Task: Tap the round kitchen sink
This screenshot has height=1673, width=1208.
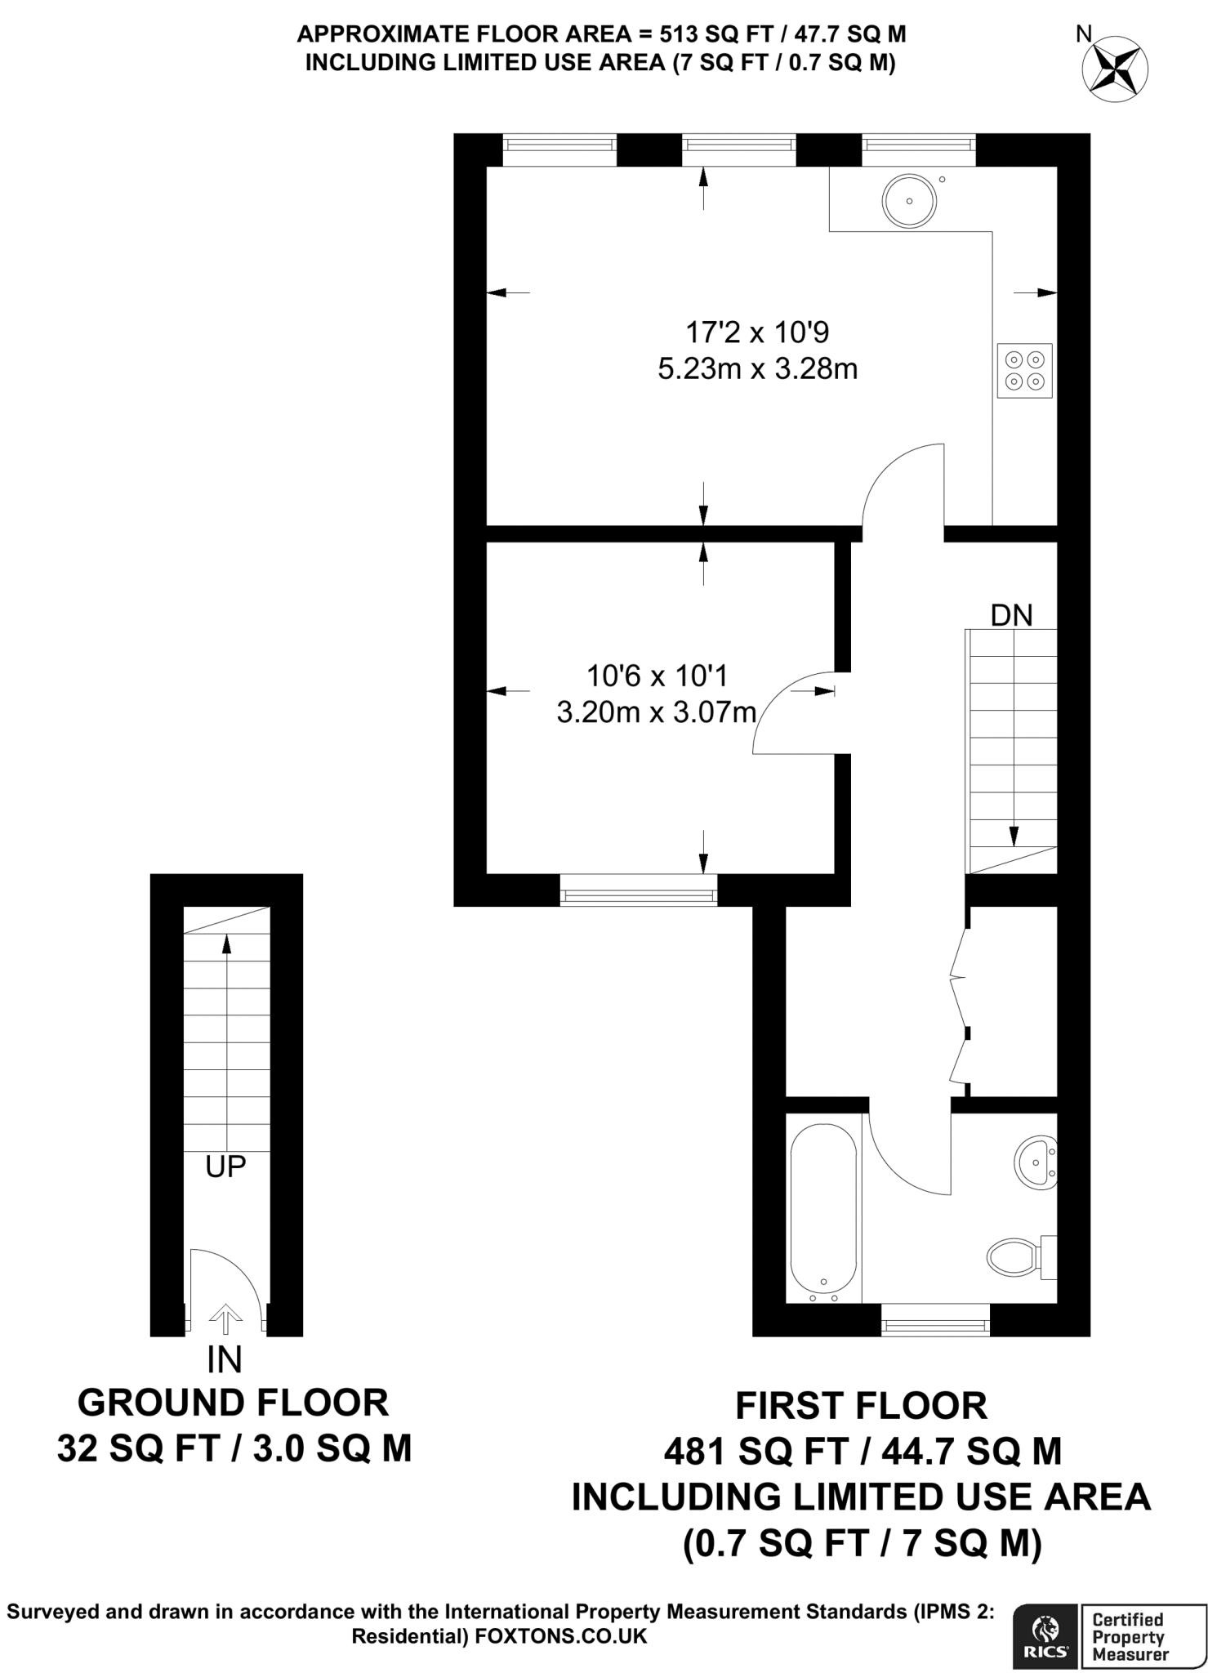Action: click(x=909, y=201)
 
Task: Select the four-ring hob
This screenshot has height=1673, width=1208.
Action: click(x=1024, y=370)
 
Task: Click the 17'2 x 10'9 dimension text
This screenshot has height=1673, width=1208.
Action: click(x=757, y=332)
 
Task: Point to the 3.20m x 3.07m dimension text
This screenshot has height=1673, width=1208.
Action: click(x=656, y=713)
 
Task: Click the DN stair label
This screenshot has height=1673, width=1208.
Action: click(x=1011, y=615)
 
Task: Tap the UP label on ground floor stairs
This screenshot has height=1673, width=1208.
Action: click(x=225, y=1167)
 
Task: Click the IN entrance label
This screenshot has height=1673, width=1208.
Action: click(x=225, y=1360)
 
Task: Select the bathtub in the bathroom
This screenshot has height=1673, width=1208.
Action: click(x=823, y=1212)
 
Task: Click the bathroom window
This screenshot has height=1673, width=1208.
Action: click(x=935, y=1321)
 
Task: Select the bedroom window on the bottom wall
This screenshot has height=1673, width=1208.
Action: click(x=638, y=890)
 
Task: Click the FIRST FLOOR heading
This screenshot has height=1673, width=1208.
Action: click(x=861, y=1406)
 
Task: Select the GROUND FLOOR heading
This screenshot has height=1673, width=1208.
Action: click(x=233, y=1403)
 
